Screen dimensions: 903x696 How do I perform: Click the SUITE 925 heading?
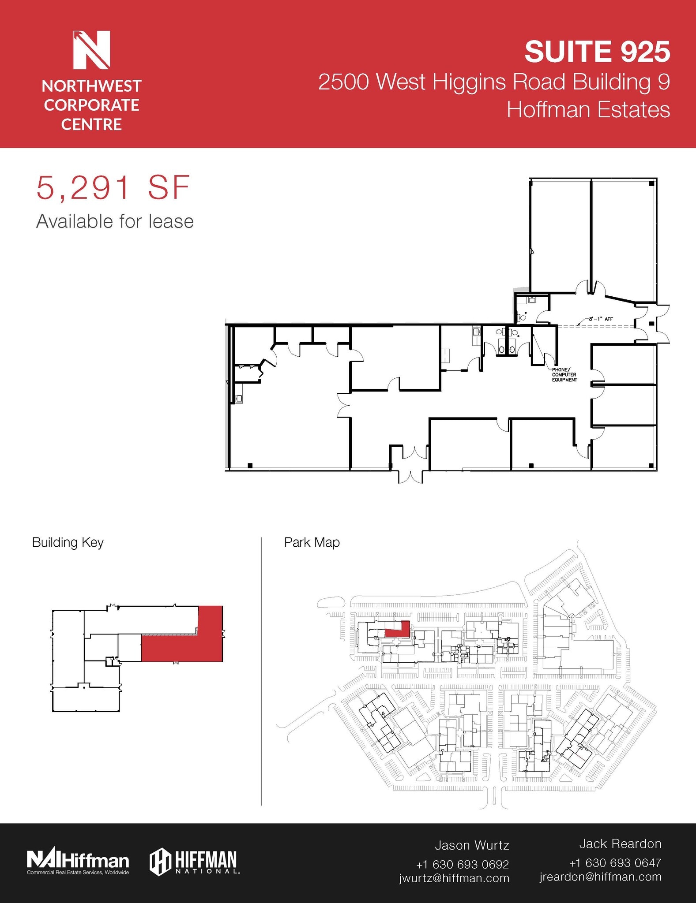[597, 52]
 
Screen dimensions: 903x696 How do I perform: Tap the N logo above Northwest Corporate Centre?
[91, 50]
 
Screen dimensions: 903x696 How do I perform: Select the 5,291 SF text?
[113, 188]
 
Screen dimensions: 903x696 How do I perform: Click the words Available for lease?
[115, 221]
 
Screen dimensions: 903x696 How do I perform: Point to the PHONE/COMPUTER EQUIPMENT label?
[564, 375]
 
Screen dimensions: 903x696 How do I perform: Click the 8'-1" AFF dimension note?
[601, 319]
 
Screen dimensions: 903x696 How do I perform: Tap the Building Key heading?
[68, 542]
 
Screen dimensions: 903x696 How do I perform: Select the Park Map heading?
[312, 542]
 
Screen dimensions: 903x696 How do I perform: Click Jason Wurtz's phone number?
[462, 864]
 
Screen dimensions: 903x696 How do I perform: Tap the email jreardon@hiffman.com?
[600, 877]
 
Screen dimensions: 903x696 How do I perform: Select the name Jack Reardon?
[620, 844]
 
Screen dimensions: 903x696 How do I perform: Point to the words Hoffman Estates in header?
[588, 110]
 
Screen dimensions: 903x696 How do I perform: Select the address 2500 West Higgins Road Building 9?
[494, 82]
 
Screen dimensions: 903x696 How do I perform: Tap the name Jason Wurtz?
[471, 845]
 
